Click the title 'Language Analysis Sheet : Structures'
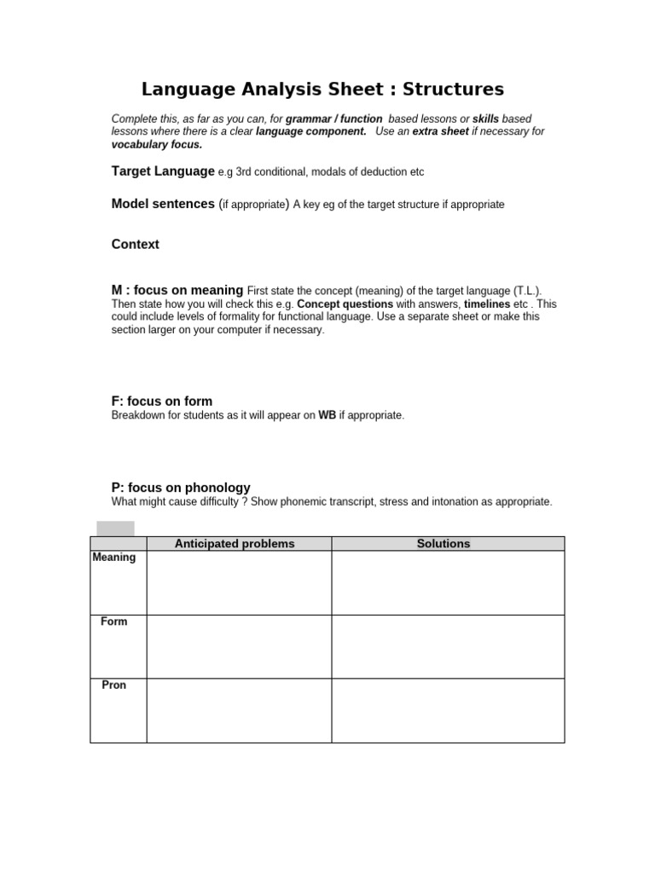coord(322,90)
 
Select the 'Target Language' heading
coord(163,171)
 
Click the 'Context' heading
coord(136,245)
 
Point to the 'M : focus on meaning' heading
coord(177,291)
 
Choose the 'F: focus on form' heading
coord(162,402)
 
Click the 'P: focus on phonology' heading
coord(181,488)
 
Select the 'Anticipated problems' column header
coord(235,544)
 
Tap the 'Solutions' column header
coord(443,544)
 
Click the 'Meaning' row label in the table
coord(114,558)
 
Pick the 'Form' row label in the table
coord(114,622)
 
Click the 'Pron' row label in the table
coord(114,685)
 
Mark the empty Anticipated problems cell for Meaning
coord(239,583)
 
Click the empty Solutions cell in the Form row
coord(448,647)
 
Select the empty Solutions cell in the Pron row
coord(448,711)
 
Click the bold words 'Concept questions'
coord(345,304)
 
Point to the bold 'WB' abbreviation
coord(327,415)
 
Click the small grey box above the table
coord(115,529)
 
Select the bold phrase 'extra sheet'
coord(440,131)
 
